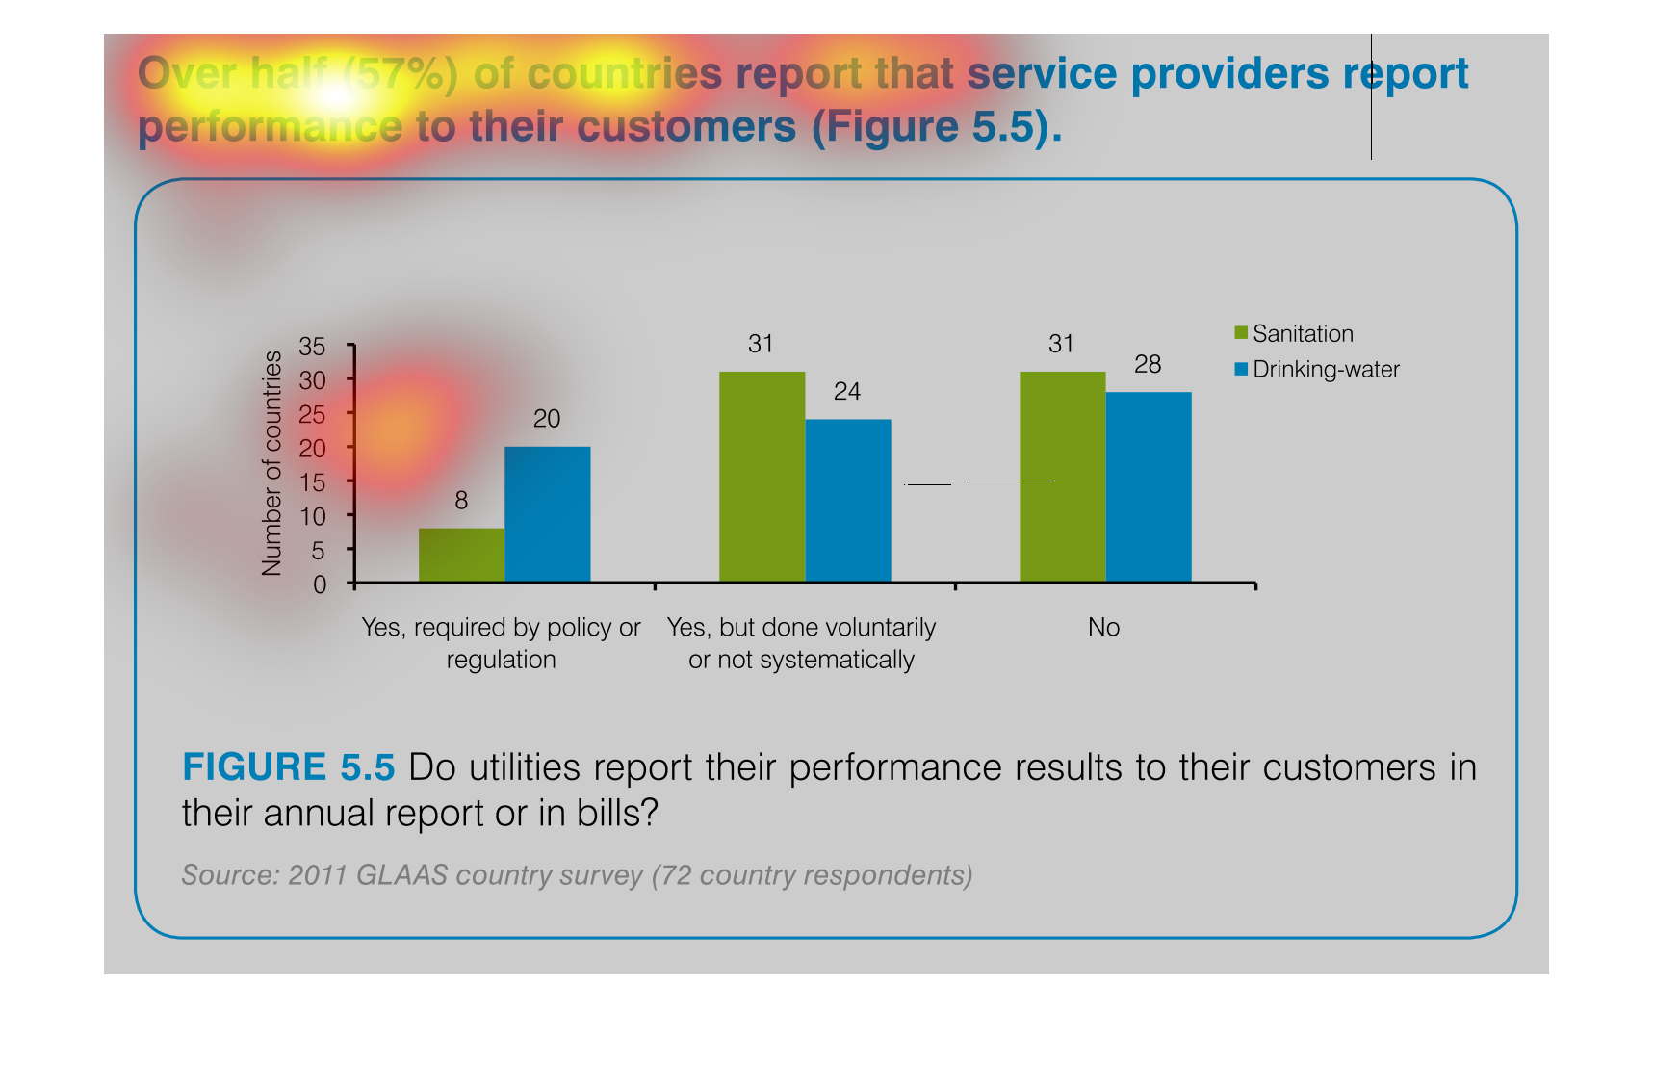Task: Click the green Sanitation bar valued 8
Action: pos(461,555)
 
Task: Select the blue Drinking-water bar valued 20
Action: pos(547,514)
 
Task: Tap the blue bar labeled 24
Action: pos(847,501)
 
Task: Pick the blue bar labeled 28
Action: pos(1149,487)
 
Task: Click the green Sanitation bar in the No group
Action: pos(1062,477)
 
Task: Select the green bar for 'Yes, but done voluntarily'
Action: pos(762,477)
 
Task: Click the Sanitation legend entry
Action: pos(1294,334)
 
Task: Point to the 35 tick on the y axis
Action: pos(313,346)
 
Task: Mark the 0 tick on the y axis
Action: pos(320,584)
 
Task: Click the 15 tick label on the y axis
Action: pos(313,482)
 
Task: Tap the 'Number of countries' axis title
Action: pos(272,463)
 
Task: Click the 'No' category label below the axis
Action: pos(1103,628)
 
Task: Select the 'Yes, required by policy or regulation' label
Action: pos(501,643)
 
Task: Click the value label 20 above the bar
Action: pos(547,419)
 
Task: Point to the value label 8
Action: pos(461,501)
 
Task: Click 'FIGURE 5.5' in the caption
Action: pos(288,767)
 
